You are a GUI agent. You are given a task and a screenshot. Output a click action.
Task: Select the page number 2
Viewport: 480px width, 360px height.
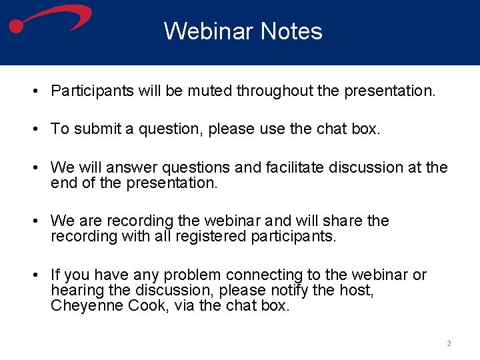pyautogui.click(x=449, y=343)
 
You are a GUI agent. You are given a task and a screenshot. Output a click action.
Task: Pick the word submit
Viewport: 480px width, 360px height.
pyautogui.click(x=94, y=129)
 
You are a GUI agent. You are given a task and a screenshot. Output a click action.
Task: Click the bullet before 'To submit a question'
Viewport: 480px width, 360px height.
pyautogui.click(x=33, y=129)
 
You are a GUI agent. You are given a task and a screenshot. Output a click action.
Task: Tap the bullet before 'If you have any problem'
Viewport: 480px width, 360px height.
pyautogui.click(x=33, y=275)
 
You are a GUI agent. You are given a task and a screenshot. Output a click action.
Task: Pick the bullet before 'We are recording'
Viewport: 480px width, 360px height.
pyautogui.click(x=33, y=221)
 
